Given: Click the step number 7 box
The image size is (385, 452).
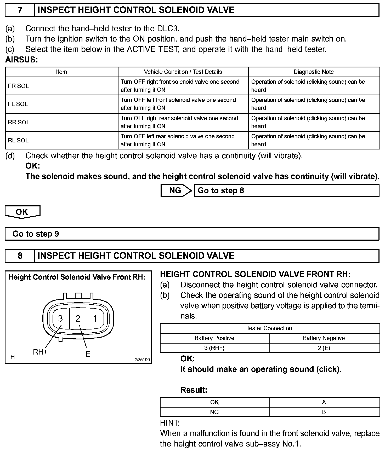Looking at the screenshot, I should click(20, 10).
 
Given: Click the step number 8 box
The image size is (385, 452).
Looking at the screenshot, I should click(20, 256).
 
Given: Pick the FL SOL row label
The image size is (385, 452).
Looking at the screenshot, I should click(18, 104).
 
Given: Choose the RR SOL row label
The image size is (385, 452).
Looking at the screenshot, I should click(19, 122).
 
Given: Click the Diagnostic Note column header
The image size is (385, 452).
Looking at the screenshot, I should click(314, 72).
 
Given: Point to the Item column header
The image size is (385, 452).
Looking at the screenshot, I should click(61, 72).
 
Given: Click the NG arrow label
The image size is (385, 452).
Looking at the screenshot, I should click(175, 190).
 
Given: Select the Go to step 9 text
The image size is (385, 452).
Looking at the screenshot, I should click(36, 234).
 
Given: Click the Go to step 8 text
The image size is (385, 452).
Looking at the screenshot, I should click(221, 190).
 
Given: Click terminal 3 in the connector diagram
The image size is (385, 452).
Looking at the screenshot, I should click(60, 318).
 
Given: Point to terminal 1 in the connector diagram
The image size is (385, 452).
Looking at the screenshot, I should click(95, 318).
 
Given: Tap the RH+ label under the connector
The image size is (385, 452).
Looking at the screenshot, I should click(40, 352).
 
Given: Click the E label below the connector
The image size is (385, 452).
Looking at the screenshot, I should click(88, 354).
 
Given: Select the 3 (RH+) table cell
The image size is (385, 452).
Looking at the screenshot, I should click(214, 348).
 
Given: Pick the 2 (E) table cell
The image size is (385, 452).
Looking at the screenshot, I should click(324, 348).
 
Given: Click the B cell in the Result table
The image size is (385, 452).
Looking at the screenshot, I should click(324, 412).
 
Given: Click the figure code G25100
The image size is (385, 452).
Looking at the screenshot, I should click(142, 360).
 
